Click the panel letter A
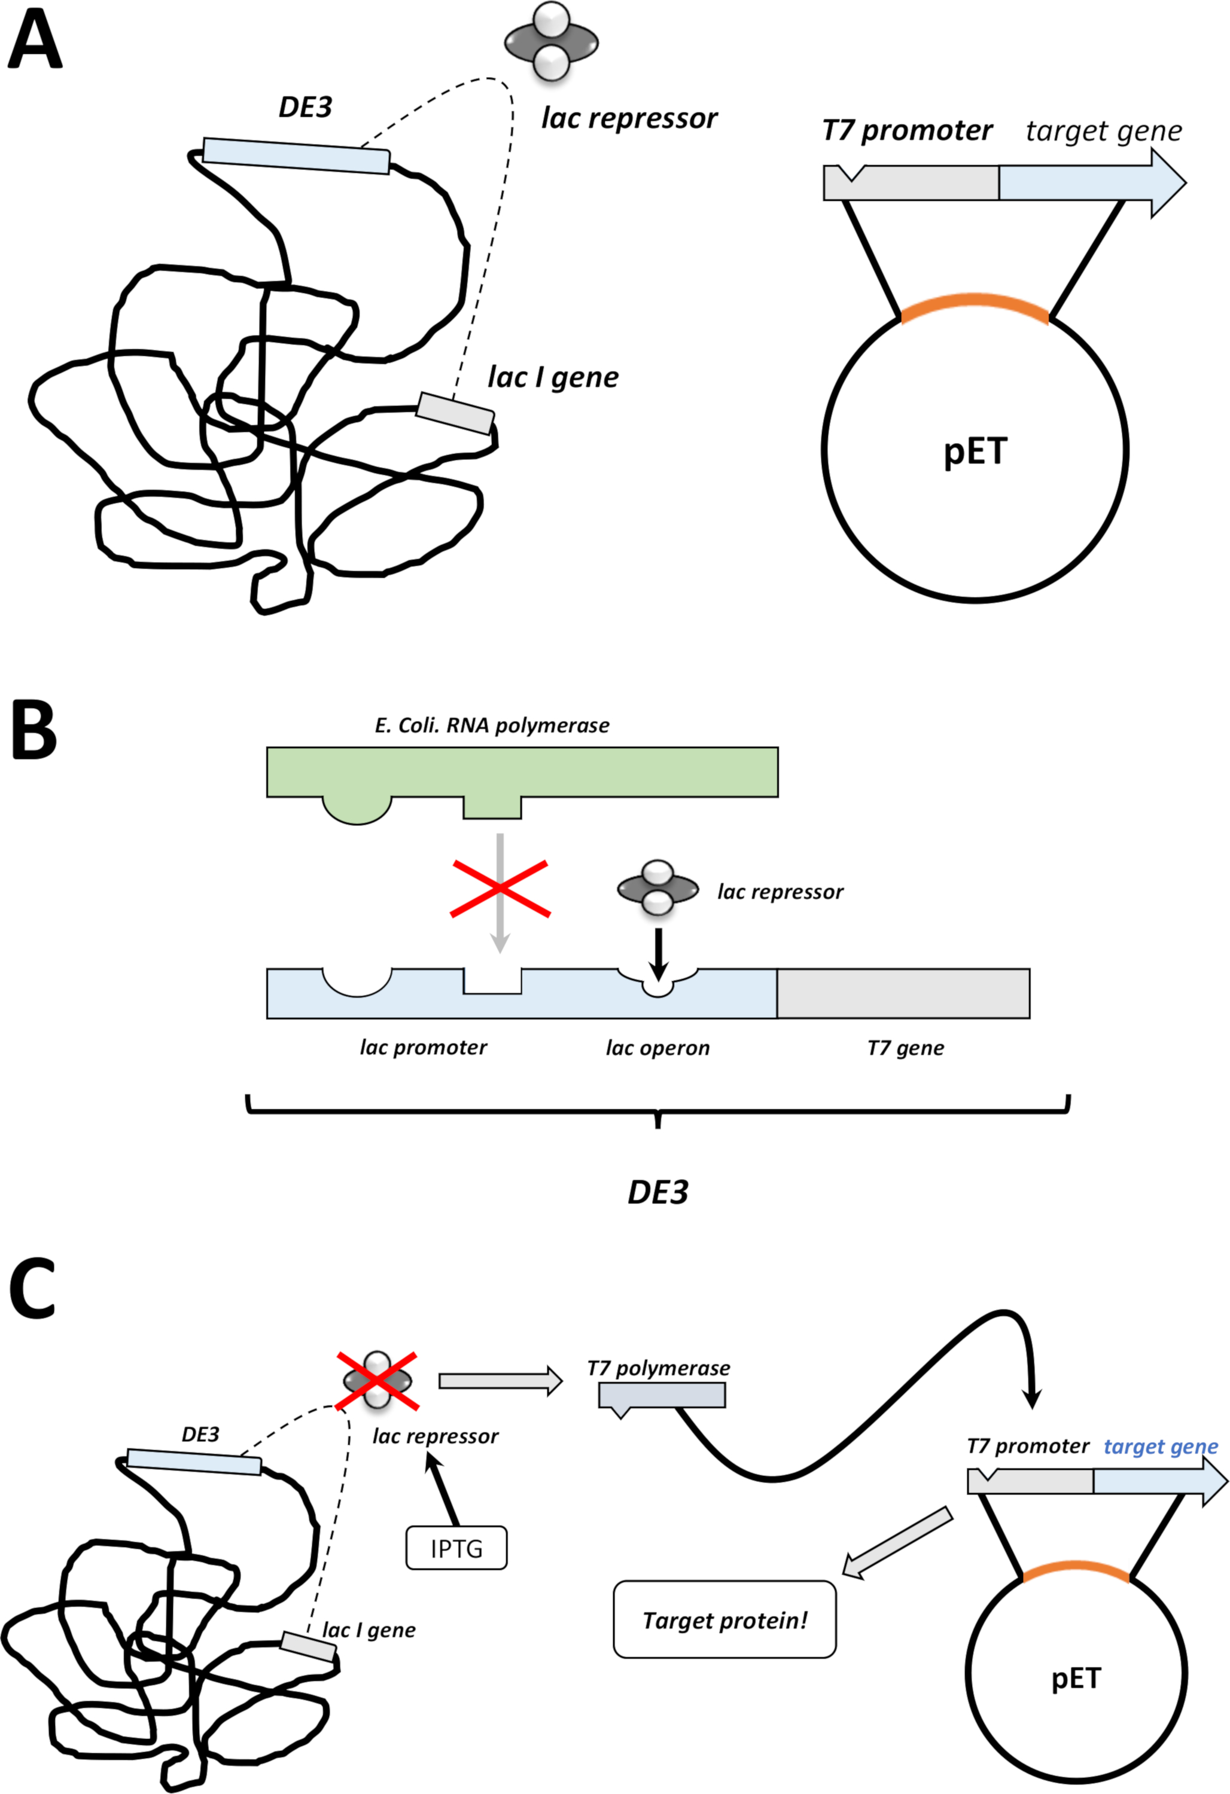pyautogui.click(x=34, y=42)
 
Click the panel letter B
pyautogui.click(x=34, y=730)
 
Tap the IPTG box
pyautogui.click(x=456, y=1548)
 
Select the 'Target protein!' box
pyautogui.click(x=724, y=1619)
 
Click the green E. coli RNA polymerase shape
pyautogui.click(x=522, y=772)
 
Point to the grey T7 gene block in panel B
pyautogui.click(x=903, y=993)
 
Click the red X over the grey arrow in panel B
pyautogui.click(x=500, y=889)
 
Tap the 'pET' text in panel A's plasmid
pyautogui.click(x=975, y=451)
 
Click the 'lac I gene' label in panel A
pyautogui.click(x=553, y=377)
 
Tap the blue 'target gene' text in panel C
pyautogui.click(x=1161, y=1446)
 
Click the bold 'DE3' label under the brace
pyautogui.click(x=658, y=1192)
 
